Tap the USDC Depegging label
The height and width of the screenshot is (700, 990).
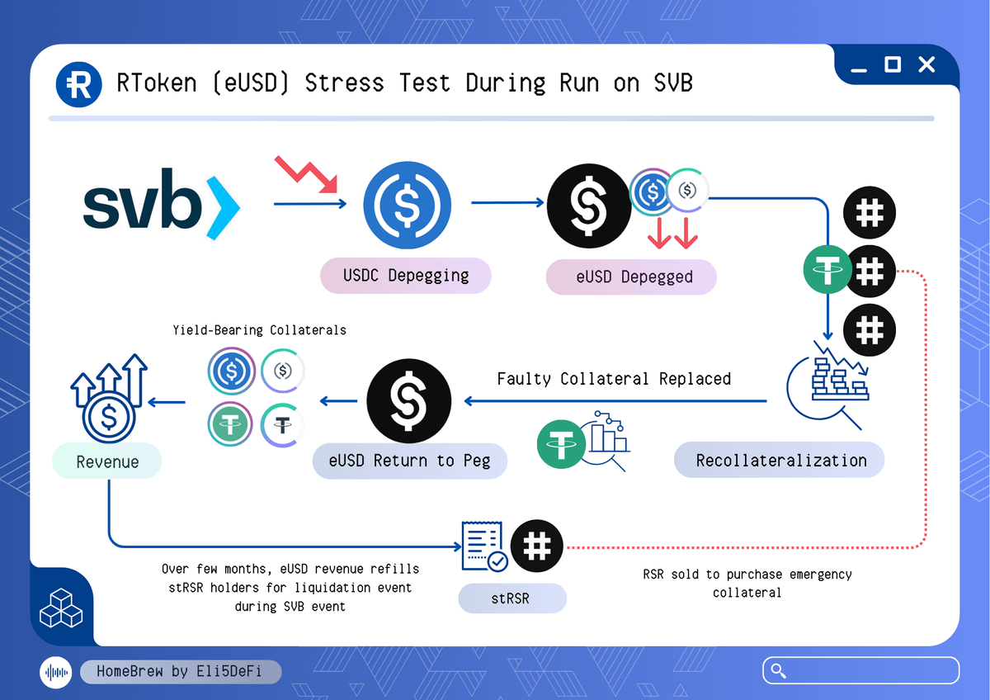406,276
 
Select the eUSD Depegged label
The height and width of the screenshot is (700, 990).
631,277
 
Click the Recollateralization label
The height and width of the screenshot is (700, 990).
780,460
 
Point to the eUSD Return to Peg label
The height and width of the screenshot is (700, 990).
409,460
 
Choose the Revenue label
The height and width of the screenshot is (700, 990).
107,461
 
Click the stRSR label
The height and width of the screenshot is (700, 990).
511,598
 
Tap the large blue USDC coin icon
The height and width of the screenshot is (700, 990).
407,205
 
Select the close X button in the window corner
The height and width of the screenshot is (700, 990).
926,64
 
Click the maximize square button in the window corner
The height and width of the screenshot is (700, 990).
893,64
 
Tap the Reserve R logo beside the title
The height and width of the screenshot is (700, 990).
78,83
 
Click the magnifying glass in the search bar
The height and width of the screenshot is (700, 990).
776,670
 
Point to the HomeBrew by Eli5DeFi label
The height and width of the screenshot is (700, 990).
180,671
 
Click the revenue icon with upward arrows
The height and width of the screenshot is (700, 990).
108,399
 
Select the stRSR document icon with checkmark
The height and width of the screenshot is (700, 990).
484,546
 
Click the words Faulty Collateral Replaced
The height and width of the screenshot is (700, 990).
614,379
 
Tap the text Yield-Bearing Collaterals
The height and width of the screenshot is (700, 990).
259,330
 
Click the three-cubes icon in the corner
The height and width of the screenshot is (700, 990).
61,610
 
